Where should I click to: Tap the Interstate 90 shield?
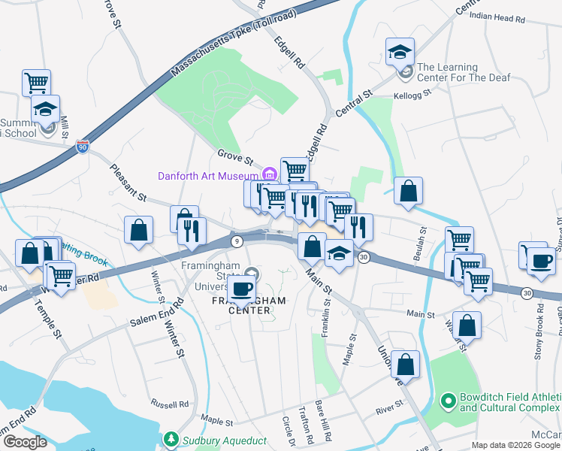[83, 146]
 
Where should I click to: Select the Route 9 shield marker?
[237, 241]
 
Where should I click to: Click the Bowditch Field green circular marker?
[449, 400]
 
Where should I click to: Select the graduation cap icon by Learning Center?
[400, 51]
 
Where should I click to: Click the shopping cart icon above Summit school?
[36, 81]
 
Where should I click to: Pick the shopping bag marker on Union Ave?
[405, 364]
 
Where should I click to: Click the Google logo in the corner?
[24, 442]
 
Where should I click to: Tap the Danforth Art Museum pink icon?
[270, 176]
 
